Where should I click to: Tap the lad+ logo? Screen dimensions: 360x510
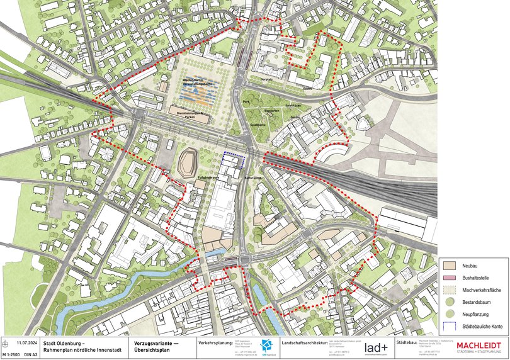[x=375, y=347]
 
